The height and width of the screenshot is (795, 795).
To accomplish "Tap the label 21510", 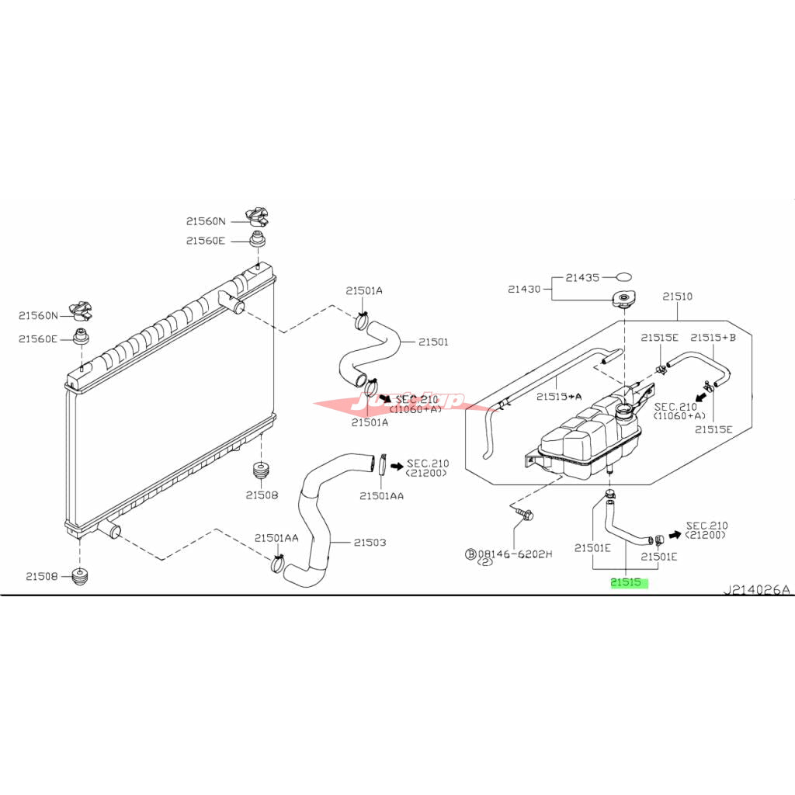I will (677, 297).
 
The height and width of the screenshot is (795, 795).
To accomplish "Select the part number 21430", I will (524, 289).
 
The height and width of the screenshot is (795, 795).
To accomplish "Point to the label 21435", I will (582, 277).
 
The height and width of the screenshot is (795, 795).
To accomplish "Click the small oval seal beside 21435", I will (624, 276).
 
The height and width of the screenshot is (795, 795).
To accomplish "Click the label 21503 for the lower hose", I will (370, 543).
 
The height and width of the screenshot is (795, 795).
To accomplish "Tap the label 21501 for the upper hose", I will (433, 342).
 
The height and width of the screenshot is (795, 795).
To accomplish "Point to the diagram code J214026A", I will (756, 590).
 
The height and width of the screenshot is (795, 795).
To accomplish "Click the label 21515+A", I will (559, 397).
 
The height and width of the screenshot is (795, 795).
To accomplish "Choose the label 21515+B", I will (713, 337).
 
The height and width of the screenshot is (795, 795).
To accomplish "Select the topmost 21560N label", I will (207, 221).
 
